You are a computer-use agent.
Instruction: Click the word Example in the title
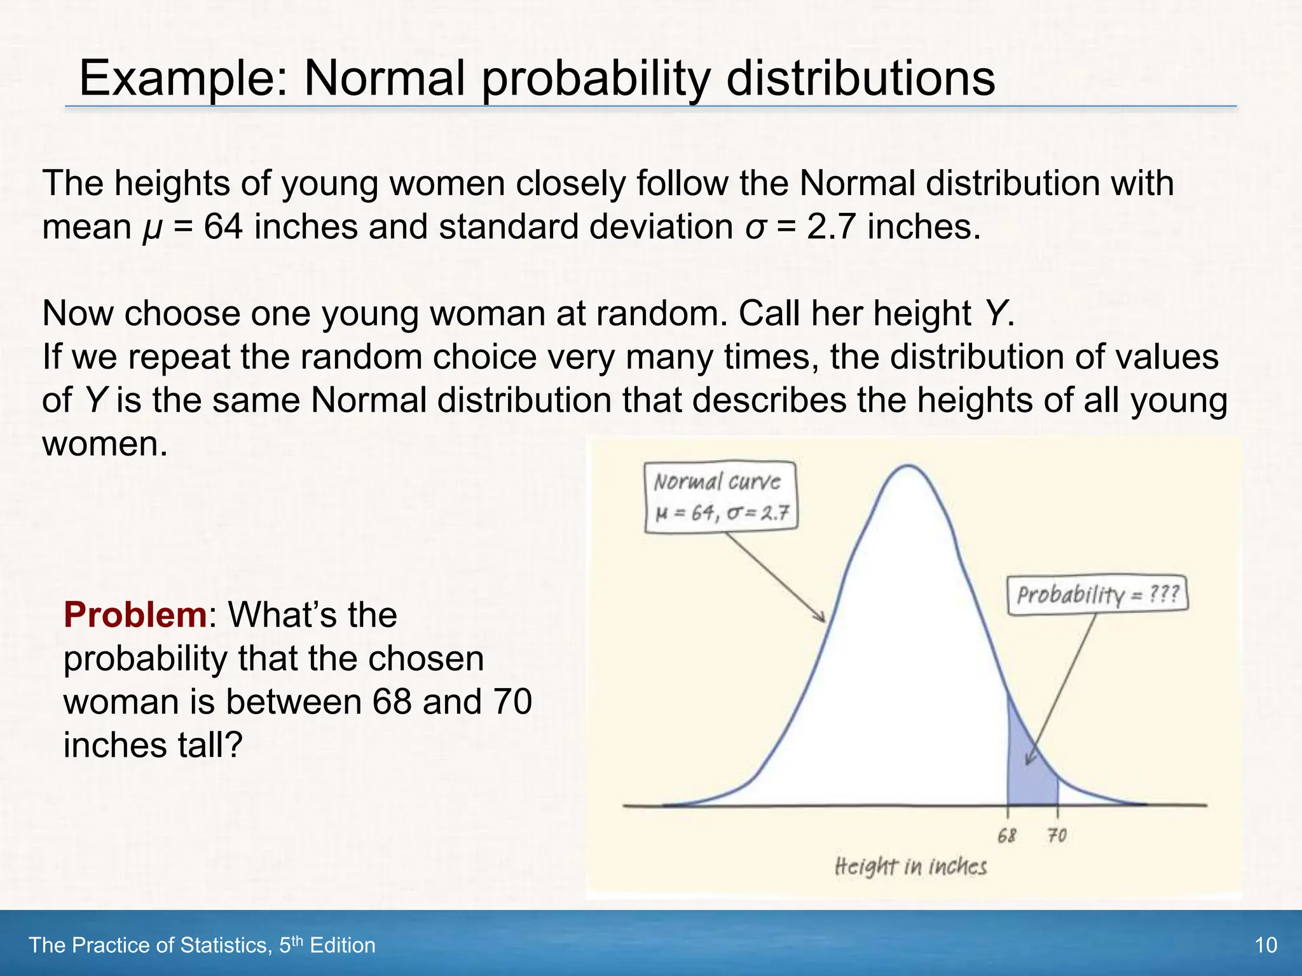[184, 79]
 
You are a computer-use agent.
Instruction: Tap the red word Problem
[135, 615]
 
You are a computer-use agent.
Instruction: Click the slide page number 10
[1265, 945]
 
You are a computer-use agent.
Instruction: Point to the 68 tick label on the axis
[1007, 835]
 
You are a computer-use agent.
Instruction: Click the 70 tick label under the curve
[1057, 835]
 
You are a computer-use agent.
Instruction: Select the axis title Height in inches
[910, 866]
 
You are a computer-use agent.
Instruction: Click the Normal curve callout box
[720, 497]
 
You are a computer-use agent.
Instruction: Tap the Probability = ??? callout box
[1097, 595]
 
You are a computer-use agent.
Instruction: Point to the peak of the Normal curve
[909, 466]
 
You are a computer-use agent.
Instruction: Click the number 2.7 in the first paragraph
[830, 227]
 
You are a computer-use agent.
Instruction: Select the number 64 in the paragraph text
[223, 227]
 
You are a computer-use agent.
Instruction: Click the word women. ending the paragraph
[105, 444]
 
